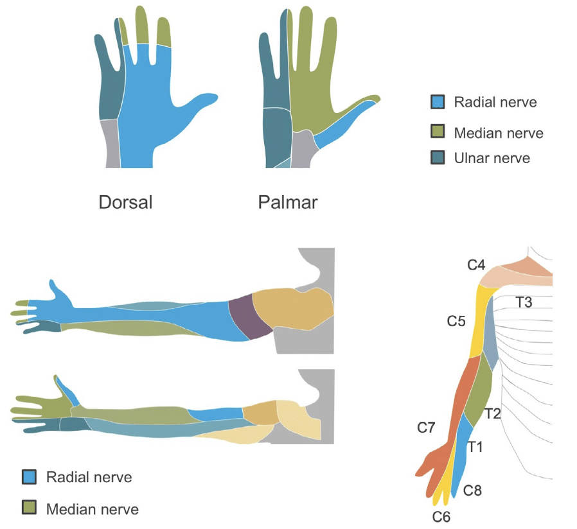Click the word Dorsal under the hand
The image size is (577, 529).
click(125, 203)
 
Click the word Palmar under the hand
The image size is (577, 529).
click(287, 203)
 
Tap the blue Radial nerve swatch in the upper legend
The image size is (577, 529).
click(438, 102)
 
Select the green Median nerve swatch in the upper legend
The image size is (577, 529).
click(438, 132)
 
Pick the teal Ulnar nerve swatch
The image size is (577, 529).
click(438, 157)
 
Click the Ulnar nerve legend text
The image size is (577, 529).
click(492, 157)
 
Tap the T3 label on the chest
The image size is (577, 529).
click(524, 301)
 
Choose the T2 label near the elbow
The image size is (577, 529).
click(493, 413)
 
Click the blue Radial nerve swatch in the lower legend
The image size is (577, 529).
click(30, 477)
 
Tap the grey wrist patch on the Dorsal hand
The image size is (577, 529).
click(110, 143)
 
